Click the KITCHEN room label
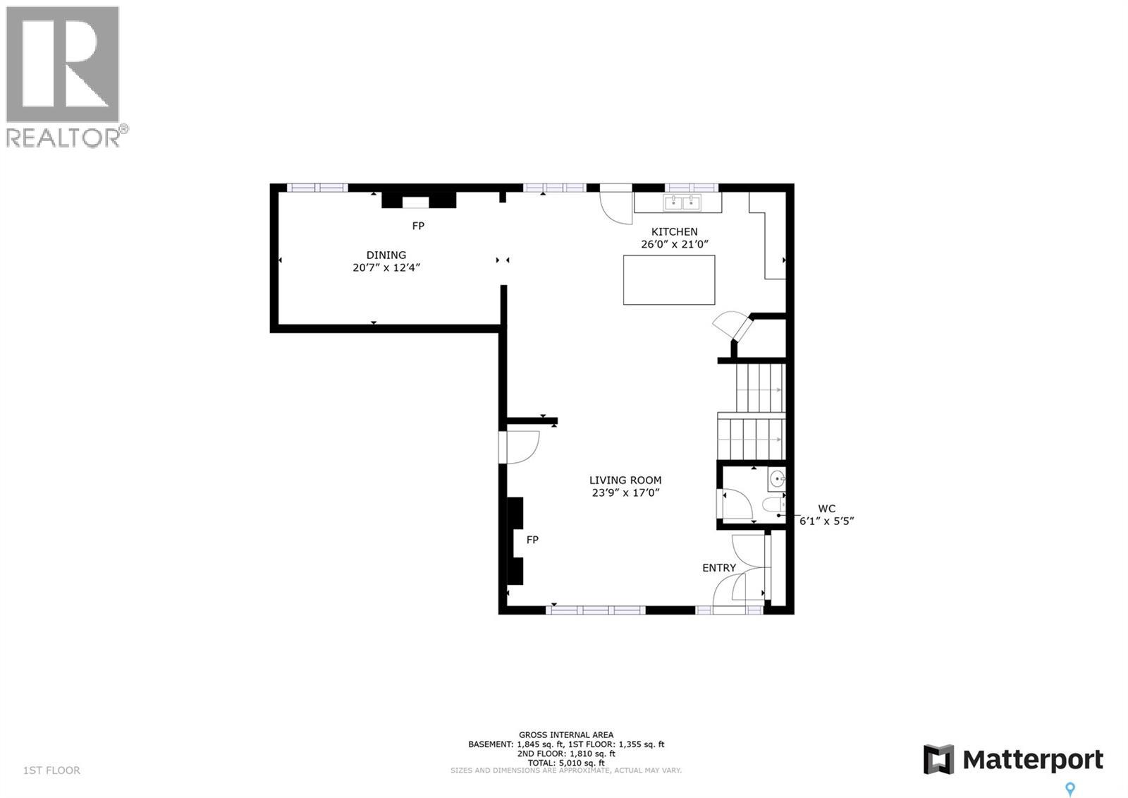(x=674, y=231)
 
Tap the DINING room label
(x=386, y=255)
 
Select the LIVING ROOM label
(x=625, y=480)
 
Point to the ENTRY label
(x=718, y=568)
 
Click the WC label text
(x=826, y=509)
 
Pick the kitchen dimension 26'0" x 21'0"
(x=674, y=244)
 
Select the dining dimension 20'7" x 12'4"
(x=386, y=267)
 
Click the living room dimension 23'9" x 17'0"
(x=625, y=493)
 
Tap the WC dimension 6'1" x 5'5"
(x=826, y=521)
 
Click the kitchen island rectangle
(x=668, y=280)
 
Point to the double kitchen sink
(x=682, y=203)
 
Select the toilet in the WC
(x=773, y=505)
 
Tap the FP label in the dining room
(x=418, y=226)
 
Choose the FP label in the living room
(x=532, y=540)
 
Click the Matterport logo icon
(x=938, y=759)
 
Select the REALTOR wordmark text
(x=63, y=138)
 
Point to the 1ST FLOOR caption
(x=51, y=770)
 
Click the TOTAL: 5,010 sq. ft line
(x=565, y=763)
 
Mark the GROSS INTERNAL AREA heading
(x=565, y=734)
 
